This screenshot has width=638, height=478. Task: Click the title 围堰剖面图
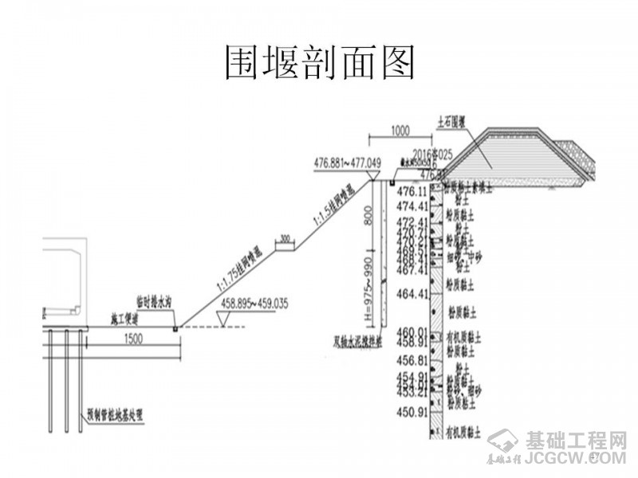point(318,62)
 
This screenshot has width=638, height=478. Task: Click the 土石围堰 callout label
point(451,123)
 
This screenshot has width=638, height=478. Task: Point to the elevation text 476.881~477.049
point(348,163)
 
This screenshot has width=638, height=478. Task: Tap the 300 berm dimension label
point(286,237)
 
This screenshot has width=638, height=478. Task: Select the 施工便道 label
point(124,319)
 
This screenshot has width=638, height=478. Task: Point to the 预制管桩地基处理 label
point(120,415)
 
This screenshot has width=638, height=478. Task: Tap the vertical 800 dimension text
point(368,214)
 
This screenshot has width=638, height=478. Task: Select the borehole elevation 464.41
point(413,294)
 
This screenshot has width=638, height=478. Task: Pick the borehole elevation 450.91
point(413,412)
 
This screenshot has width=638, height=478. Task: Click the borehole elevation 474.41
point(413,206)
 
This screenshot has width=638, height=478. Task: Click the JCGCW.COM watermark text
point(576,459)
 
